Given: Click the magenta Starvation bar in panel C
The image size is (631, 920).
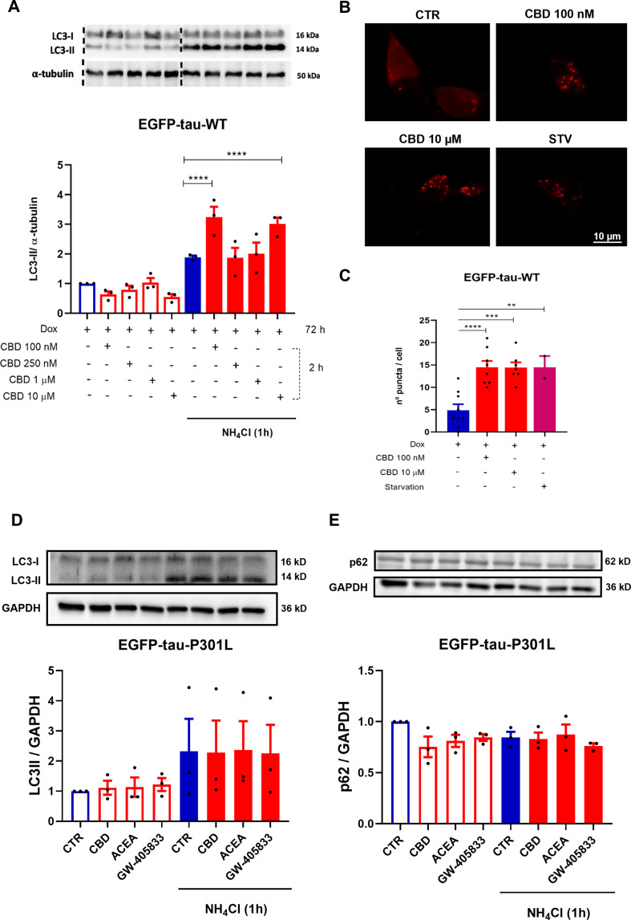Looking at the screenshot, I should [544, 401].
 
